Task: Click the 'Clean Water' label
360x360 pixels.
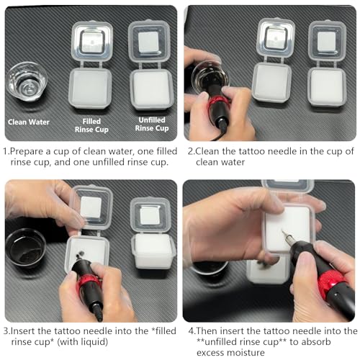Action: (x=29, y=122)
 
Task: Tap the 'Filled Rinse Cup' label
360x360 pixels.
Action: (x=91, y=125)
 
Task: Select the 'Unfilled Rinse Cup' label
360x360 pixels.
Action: (x=152, y=124)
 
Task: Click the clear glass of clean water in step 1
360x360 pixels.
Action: (x=27, y=81)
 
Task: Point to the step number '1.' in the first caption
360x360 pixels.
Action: (x=6, y=151)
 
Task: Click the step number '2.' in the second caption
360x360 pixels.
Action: (x=192, y=151)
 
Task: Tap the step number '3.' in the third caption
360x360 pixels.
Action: (x=7, y=331)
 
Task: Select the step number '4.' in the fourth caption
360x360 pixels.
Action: (x=192, y=331)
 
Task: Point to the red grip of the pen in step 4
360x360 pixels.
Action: (x=332, y=283)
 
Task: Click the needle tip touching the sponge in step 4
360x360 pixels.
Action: (x=283, y=231)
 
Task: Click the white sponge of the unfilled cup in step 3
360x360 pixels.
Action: (x=153, y=251)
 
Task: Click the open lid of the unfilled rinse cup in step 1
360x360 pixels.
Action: (x=149, y=41)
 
